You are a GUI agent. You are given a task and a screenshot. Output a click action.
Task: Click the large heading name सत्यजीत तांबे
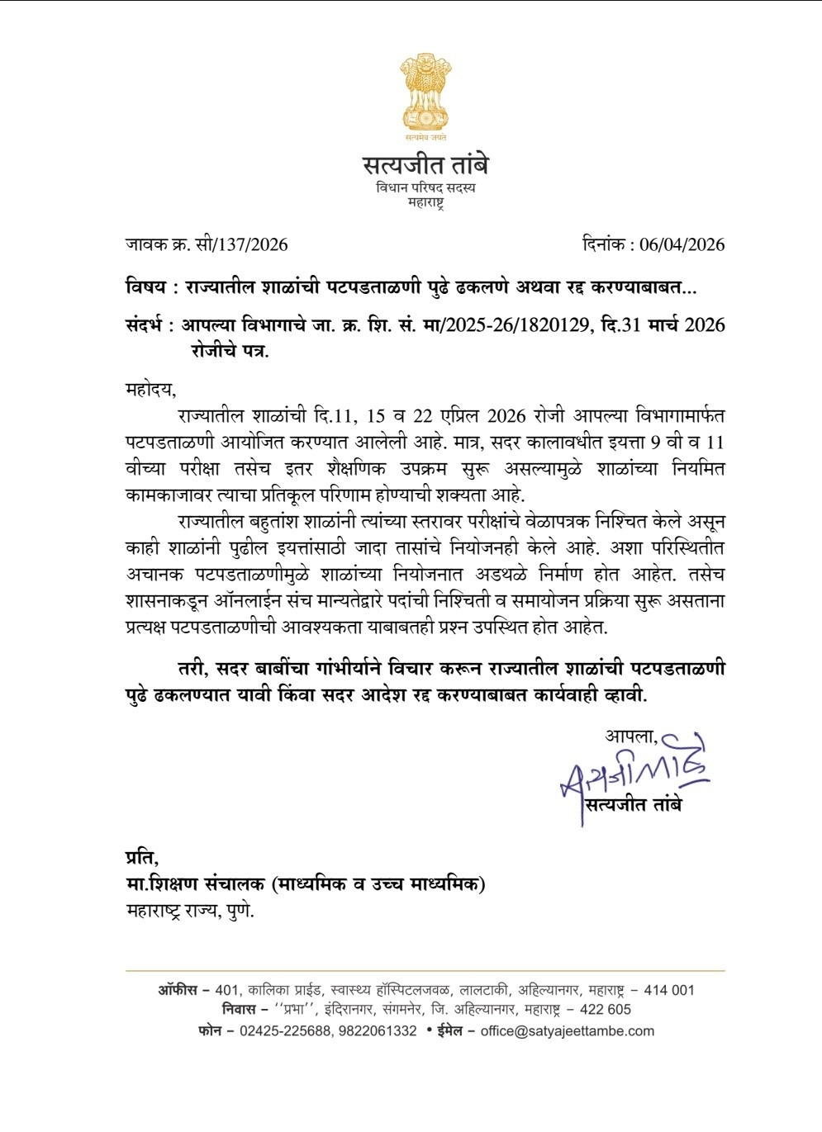point(425,165)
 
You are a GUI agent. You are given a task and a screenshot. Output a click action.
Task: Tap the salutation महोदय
point(150,389)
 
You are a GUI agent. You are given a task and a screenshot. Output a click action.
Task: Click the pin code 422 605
point(606,1009)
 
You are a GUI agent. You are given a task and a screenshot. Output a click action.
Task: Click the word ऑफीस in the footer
point(178,990)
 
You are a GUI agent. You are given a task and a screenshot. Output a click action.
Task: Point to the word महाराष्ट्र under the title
point(425,203)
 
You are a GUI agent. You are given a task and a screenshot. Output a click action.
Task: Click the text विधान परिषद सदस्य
point(425,188)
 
